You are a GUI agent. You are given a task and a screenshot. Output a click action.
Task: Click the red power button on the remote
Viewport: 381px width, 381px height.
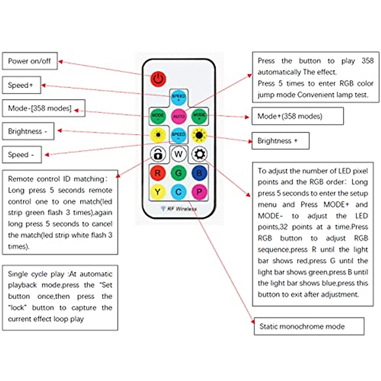[158, 79]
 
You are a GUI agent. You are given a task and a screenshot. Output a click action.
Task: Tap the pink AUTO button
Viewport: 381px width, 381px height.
[179, 116]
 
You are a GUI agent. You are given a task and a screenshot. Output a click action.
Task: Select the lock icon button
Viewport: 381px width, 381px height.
[158, 154]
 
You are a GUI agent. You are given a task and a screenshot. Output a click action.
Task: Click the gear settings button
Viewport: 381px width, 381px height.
[199, 154]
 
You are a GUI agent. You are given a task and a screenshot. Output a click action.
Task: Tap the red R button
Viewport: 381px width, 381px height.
[157, 173]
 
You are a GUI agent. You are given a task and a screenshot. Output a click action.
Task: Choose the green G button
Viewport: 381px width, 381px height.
[178, 173]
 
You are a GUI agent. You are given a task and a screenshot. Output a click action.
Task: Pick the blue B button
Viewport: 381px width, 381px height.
[199, 173]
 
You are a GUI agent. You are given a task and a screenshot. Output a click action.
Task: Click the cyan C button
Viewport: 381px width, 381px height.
[178, 192]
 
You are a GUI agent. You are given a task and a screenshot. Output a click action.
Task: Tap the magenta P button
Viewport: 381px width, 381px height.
[199, 192]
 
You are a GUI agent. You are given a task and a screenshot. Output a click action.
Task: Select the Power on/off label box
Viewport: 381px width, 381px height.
[30, 61]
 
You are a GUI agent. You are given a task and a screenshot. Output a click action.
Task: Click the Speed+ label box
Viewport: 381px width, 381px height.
[21, 85]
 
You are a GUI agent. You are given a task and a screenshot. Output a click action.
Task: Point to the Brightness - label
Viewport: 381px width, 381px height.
[28, 131]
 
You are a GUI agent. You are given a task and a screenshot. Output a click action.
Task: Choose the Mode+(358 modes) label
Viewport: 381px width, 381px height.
[297, 116]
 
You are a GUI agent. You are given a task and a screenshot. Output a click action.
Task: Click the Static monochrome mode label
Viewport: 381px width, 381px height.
[309, 326]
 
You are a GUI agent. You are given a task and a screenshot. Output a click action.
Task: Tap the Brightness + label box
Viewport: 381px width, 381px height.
[280, 141]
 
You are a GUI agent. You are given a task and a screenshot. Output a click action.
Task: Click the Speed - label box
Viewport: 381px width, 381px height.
[22, 155]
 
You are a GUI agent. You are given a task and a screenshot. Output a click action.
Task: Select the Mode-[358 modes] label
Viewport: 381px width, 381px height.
[43, 108]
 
